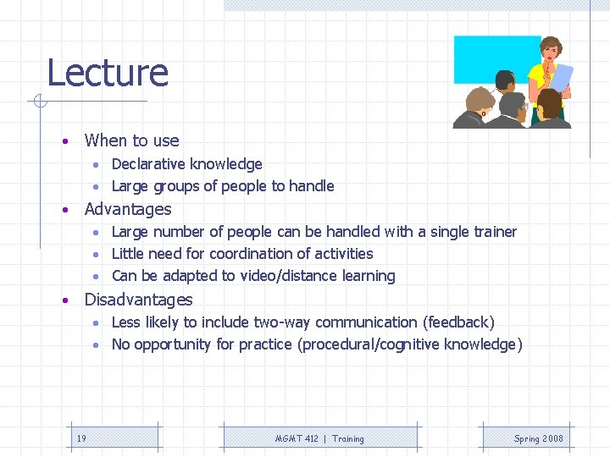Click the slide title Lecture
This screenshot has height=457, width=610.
[x=108, y=73]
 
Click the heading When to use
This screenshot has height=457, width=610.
[x=131, y=140]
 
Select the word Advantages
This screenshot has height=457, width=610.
[x=128, y=209]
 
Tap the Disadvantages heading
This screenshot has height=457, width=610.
[x=138, y=300]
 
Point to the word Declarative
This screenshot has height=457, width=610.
[x=149, y=164]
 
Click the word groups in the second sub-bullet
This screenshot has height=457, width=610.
[x=175, y=186]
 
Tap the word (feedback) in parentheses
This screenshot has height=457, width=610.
[x=458, y=322]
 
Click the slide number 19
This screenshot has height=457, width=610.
[x=81, y=438]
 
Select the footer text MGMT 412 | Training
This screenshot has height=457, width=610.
[x=319, y=438]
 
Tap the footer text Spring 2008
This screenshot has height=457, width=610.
[x=538, y=438]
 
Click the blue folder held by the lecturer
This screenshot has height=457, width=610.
[x=561, y=77]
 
